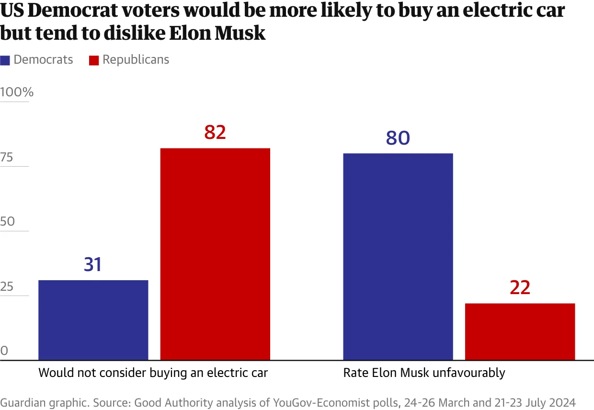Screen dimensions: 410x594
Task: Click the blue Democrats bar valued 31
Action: click(93, 320)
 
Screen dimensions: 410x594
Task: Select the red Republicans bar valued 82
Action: click(215, 254)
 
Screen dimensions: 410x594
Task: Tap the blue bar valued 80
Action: click(398, 257)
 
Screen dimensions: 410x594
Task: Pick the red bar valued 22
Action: click(520, 331)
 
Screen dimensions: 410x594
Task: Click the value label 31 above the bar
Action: click(93, 264)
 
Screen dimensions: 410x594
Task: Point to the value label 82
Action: click(215, 133)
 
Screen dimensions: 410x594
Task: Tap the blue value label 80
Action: click(398, 138)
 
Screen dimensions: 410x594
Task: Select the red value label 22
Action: click(520, 288)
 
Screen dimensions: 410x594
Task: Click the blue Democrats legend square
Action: click(5, 60)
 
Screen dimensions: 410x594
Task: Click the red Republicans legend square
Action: click(94, 60)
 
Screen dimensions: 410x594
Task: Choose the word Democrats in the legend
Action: click(43, 60)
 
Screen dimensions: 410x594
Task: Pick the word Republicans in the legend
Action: click(136, 60)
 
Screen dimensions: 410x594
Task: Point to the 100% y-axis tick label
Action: click(17, 92)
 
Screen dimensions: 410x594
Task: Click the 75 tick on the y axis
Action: click(7, 158)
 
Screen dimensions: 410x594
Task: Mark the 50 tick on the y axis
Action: click(8, 222)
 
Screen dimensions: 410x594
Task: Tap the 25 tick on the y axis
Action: click(7, 287)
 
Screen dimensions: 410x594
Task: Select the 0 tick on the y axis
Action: click(4, 351)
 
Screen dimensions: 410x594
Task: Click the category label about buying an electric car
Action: click(153, 373)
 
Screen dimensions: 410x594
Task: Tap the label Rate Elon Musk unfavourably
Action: click(424, 373)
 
